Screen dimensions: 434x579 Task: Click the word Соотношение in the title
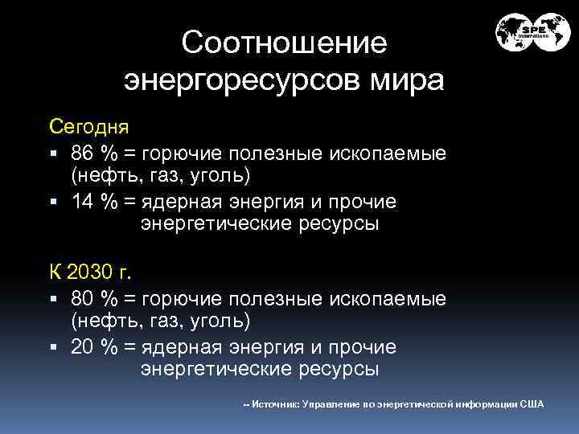click(284, 43)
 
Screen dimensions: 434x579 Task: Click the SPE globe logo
click(532, 34)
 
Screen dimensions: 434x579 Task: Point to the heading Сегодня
click(88, 128)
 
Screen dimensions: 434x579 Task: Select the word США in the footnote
click(532, 404)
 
